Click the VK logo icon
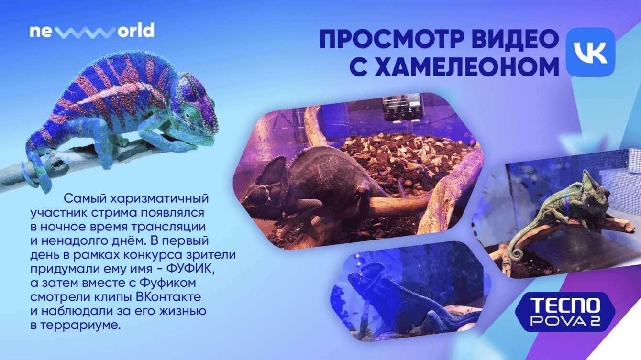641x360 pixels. [590, 52]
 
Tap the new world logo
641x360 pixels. [92, 31]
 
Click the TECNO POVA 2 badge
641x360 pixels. [565, 312]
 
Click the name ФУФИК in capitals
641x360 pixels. [190, 269]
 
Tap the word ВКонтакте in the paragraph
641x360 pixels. [168, 296]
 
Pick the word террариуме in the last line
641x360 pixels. [80, 325]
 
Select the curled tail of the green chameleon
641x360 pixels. [517, 251]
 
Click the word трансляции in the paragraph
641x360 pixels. [168, 227]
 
